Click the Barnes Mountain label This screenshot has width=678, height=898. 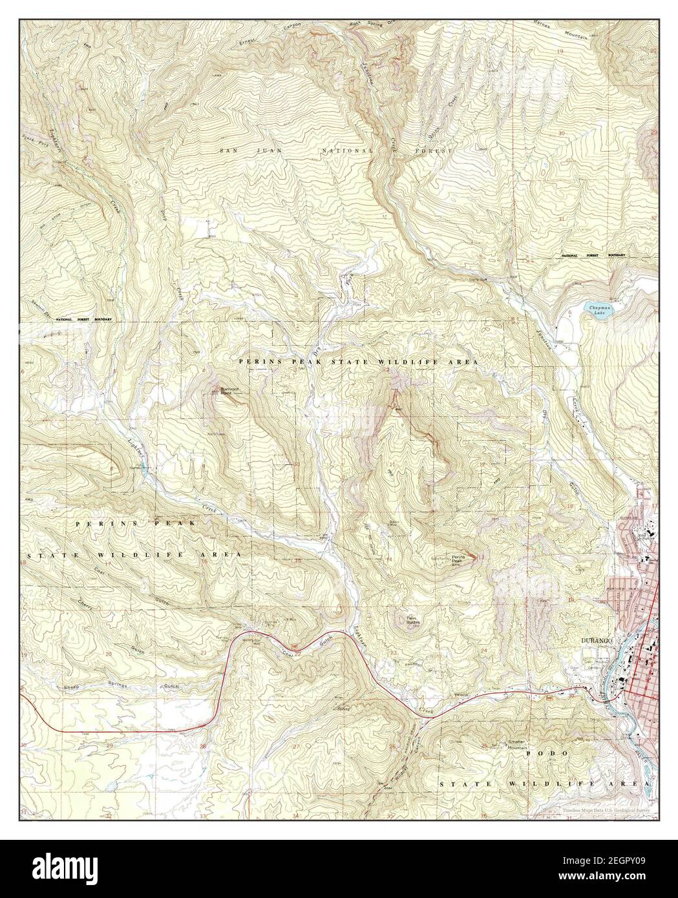[567, 15]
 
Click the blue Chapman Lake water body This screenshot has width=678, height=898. [597, 313]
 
